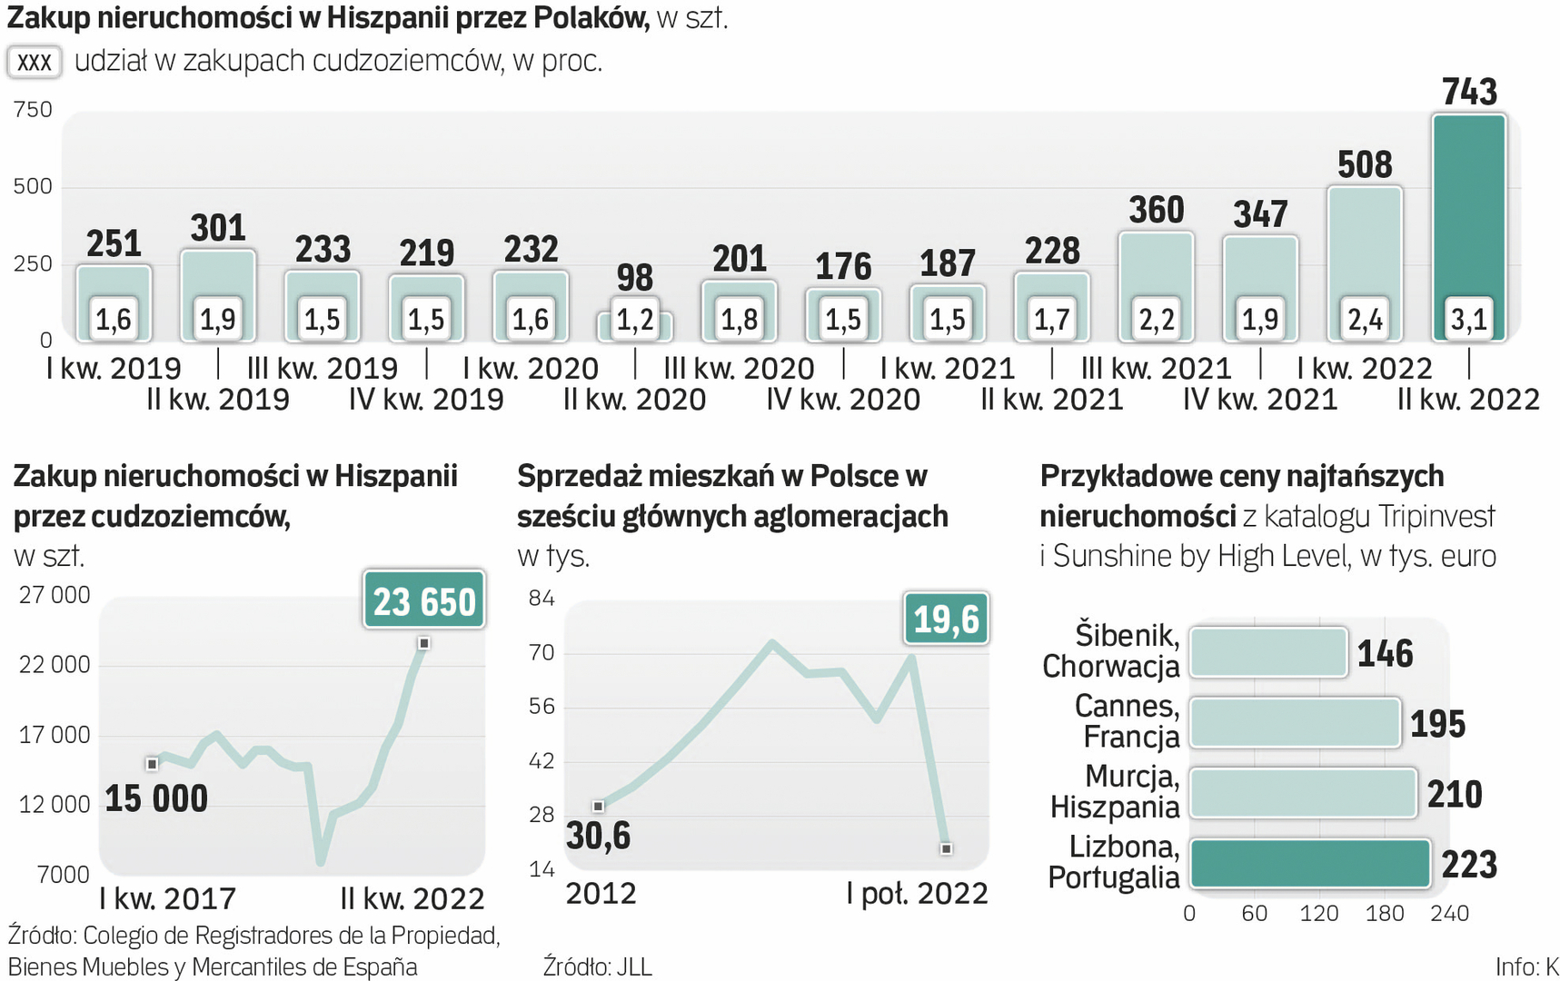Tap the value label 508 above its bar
(1365, 165)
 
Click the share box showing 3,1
(1468, 319)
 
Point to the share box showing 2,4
(1365, 319)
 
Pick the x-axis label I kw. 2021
(947, 368)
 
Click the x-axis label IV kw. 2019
(426, 399)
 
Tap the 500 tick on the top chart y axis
(33, 187)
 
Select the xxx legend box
(35, 62)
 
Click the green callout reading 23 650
(424, 600)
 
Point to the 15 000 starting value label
(156, 798)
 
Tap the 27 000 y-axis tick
(55, 595)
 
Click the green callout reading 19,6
(946, 619)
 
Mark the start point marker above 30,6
(598, 807)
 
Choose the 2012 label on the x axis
(601, 893)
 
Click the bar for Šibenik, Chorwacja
(1267, 652)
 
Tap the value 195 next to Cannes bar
(1437, 724)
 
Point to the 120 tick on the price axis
(1318, 913)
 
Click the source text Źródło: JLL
(597, 966)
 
